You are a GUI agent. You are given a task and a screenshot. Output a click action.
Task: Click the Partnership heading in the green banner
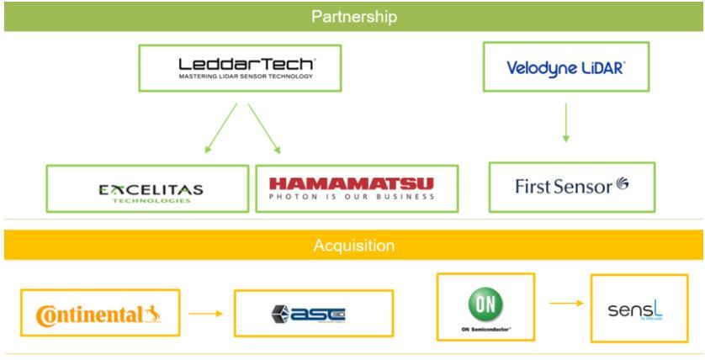[352, 17]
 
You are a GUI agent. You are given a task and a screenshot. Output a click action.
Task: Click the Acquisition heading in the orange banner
[352, 246]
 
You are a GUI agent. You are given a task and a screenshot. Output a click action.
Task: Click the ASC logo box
[313, 315]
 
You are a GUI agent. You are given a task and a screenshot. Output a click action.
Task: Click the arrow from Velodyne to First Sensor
[565, 124]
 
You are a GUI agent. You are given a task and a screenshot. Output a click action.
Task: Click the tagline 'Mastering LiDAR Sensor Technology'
[246, 77]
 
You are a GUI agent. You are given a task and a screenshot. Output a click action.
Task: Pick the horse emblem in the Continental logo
[154, 315]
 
